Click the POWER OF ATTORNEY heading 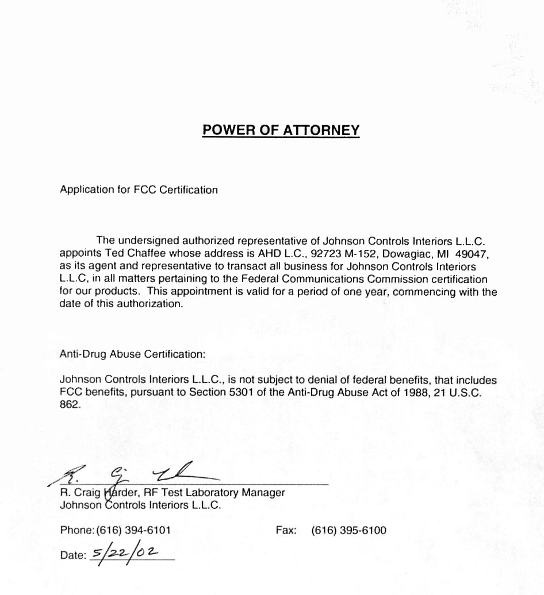tap(281, 130)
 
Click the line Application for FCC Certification tap(139, 190)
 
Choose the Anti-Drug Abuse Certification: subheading tap(132, 354)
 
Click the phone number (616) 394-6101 tap(133, 531)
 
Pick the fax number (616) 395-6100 tap(348, 531)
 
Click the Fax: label tap(286, 531)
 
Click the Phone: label tap(77, 531)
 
